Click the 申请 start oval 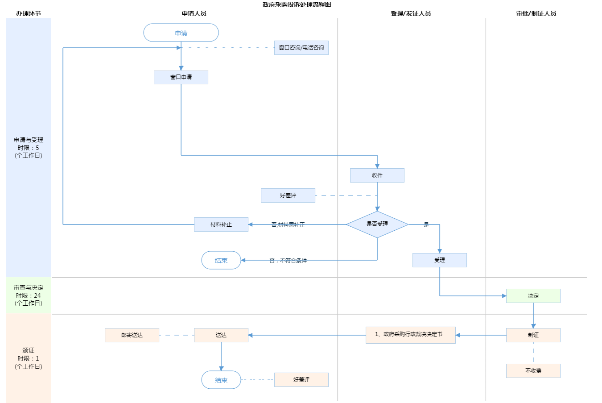coord(181,33)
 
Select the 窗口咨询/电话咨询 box coord(301,48)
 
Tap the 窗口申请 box coord(181,77)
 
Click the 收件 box coord(377,175)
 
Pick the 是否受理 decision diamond coord(377,224)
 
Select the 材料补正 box coord(221,224)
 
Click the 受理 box coord(440,260)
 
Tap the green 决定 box coord(533,296)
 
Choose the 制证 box coord(533,335)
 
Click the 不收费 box coord(533,371)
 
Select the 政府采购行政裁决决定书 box coord(411,335)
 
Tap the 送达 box coord(221,335)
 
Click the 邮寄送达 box coord(132,335)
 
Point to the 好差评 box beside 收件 coord(288,195)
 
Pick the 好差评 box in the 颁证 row coord(301,380)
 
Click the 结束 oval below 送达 coord(221,380)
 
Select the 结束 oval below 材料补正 coord(221,260)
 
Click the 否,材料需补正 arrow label coord(288,225)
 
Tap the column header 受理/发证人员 coord(411,13)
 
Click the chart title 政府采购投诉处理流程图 coord(297,4)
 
